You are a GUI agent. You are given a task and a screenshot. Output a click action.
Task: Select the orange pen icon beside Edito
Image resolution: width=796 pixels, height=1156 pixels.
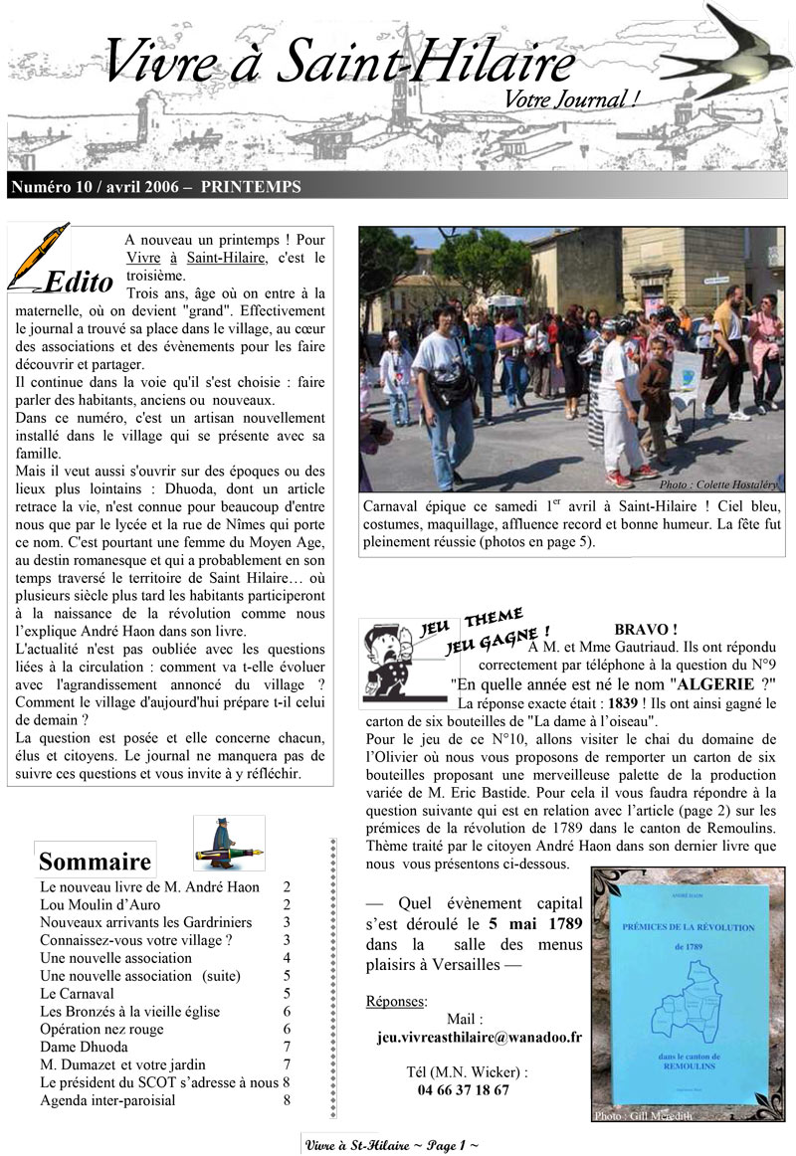[x=40, y=254]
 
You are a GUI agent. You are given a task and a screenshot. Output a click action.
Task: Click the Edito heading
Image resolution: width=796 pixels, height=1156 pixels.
[x=79, y=283]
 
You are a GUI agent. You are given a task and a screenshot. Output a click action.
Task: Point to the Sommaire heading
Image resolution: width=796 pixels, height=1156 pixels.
[x=95, y=861]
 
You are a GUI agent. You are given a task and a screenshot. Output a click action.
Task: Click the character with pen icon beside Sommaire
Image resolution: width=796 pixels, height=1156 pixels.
[x=227, y=842]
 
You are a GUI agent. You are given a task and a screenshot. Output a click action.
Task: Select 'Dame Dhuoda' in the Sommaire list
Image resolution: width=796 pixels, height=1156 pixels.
[x=84, y=1047]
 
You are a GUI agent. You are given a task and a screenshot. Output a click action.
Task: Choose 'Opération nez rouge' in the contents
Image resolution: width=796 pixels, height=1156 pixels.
[x=101, y=1029]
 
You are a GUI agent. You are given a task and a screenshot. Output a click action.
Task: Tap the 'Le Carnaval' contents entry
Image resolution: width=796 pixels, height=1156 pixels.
[x=77, y=993]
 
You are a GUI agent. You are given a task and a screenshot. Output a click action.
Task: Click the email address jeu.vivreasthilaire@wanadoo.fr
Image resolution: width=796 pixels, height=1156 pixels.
[x=480, y=1037]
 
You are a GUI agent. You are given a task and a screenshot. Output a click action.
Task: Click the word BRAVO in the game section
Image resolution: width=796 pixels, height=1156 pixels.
[x=646, y=630]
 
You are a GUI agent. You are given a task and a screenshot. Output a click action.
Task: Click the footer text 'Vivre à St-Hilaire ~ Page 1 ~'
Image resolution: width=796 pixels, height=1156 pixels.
[x=392, y=1145]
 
